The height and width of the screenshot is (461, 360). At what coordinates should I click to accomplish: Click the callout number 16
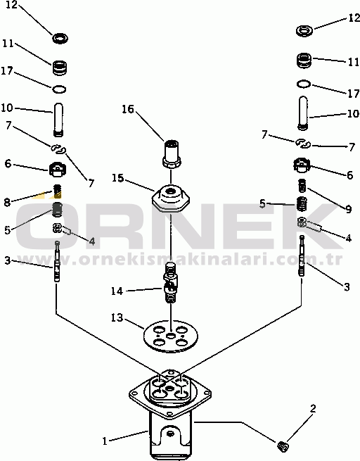tap(128, 109)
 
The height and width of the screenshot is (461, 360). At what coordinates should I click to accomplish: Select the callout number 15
tap(117, 178)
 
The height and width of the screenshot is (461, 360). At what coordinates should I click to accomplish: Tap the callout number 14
tap(117, 291)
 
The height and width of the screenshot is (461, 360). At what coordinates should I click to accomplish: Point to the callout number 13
tap(117, 318)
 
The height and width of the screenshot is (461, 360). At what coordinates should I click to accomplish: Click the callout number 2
tap(313, 408)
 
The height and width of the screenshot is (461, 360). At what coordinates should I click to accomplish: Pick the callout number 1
tap(105, 441)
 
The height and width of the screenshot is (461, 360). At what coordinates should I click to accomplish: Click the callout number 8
tap(7, 202)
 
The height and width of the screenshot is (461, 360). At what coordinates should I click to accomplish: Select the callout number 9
tap(348, 209)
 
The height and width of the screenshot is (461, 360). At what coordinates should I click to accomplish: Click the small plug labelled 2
tap(283, 447)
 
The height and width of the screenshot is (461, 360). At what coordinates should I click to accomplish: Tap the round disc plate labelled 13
tap(170, 336)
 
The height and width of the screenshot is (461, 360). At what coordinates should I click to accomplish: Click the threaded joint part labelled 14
tap(170, 283)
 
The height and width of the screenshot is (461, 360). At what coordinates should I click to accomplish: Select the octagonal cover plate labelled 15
tap(171, 198)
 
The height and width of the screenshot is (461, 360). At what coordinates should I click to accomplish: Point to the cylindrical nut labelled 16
tap(171, 154)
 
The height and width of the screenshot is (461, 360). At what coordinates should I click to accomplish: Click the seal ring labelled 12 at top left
tap(60, 38)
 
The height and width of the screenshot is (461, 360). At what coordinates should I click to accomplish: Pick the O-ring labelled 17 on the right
tap(304, 84)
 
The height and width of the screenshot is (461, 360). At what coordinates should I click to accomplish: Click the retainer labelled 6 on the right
tap(302, 165)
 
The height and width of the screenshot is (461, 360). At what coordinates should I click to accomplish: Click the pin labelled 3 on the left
tap(57, 261)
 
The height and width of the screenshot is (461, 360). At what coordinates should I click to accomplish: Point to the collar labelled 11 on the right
tap(304, 61)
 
